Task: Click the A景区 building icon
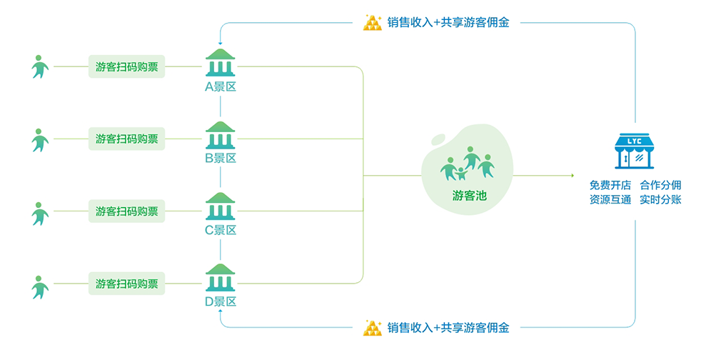point(221,63)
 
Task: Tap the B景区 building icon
point(221,135)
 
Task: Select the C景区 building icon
point(221,206)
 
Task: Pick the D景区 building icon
point(221,279)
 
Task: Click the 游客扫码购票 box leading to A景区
point(127,67)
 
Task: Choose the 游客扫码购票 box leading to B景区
point(127,139)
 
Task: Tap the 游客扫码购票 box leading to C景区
point(127,211)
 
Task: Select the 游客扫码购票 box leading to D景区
point(127,283)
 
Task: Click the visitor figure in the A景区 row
point(40,67)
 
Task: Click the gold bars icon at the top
point(373,22)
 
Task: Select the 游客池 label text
point(469,194)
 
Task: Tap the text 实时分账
point(660,200)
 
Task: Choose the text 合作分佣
point(660,184)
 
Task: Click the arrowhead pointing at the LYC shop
point(571,175)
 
